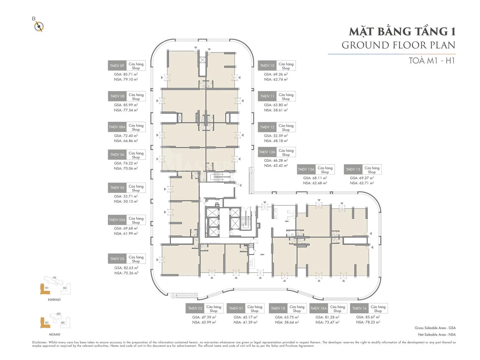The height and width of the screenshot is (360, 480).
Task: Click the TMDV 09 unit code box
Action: tap(117, 66)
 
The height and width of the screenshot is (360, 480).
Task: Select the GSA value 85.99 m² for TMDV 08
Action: tap(126, 105)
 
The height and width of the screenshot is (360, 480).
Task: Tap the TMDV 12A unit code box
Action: tap(267, 152)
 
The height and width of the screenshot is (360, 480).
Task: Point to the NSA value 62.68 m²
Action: tap(315, 183)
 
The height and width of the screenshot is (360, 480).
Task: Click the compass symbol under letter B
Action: tap(39, 27)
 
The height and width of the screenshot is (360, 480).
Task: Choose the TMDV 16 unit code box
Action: tap(359, 308)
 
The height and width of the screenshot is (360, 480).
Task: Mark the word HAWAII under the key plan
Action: tap(54, 300)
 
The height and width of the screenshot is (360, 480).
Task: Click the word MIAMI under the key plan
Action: tap(55, 334)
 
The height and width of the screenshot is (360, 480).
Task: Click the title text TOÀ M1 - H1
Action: tap(432, 60)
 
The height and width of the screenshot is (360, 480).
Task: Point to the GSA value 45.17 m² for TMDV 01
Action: tap(245, 317)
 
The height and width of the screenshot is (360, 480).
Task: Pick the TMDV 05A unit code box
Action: tap(117, 220)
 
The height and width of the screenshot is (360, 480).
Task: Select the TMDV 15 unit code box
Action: tap(353, 169)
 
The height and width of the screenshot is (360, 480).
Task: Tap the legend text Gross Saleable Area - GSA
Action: tap(435, 328)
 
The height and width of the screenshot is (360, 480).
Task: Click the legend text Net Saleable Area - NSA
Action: tap(436, 334)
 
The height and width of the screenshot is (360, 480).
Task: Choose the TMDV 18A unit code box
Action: tap(319, 308)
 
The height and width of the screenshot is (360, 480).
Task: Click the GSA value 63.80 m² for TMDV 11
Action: tap(276, 105)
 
